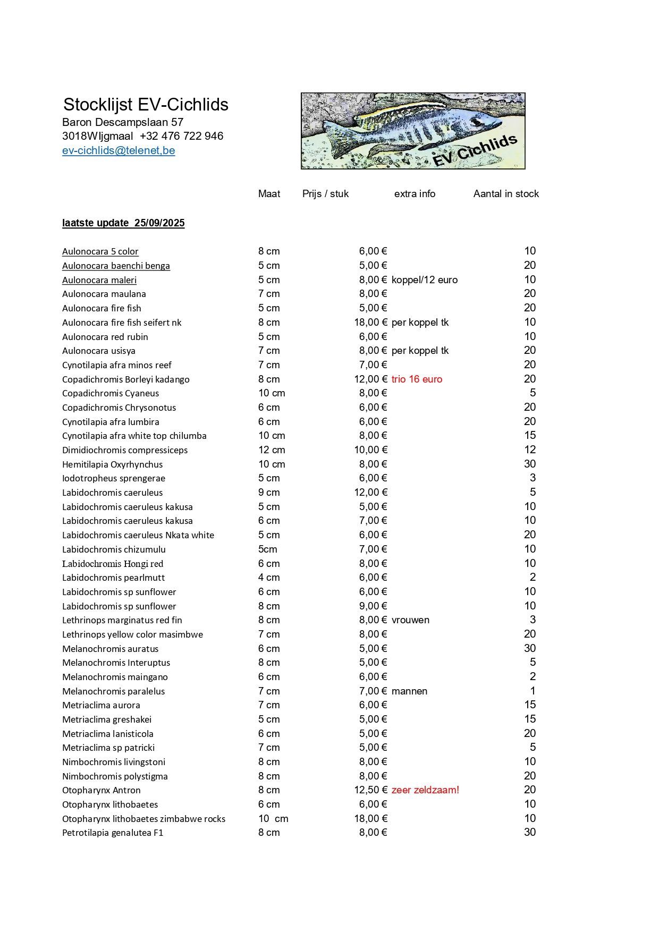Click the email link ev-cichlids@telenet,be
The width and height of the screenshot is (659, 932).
119,150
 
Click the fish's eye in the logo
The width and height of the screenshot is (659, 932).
475,121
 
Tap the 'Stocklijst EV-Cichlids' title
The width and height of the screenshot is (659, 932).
146,104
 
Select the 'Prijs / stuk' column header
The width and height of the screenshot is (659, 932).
325,194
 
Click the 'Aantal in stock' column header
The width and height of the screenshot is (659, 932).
506,194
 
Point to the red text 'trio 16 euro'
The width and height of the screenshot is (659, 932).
417,379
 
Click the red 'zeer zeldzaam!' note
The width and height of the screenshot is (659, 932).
425,790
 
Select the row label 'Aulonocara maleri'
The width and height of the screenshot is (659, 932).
99,280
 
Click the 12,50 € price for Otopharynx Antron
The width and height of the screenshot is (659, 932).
370,790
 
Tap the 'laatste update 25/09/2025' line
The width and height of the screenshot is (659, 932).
123,223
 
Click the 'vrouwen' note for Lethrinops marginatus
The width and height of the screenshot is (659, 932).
410,620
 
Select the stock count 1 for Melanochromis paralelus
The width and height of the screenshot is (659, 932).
533,691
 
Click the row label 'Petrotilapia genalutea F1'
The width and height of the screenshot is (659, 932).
113,833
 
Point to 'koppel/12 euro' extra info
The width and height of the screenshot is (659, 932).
424,280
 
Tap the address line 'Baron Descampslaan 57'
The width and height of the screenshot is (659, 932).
123,122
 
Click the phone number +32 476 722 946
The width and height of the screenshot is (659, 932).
182,136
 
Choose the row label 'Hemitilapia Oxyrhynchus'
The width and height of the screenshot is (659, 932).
112,464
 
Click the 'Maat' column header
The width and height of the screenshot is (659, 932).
269,194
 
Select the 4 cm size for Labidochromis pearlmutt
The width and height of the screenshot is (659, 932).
269,578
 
